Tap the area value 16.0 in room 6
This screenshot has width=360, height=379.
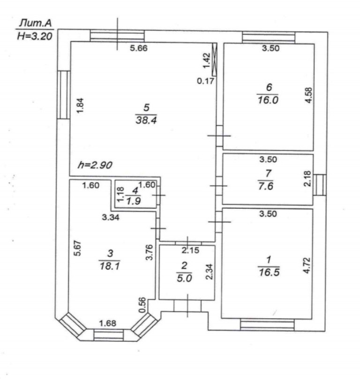269,100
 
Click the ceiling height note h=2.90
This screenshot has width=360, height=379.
96,166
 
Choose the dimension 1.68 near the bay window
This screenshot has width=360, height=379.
107,323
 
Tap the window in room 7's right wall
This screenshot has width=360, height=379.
320,185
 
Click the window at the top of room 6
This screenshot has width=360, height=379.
269,37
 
